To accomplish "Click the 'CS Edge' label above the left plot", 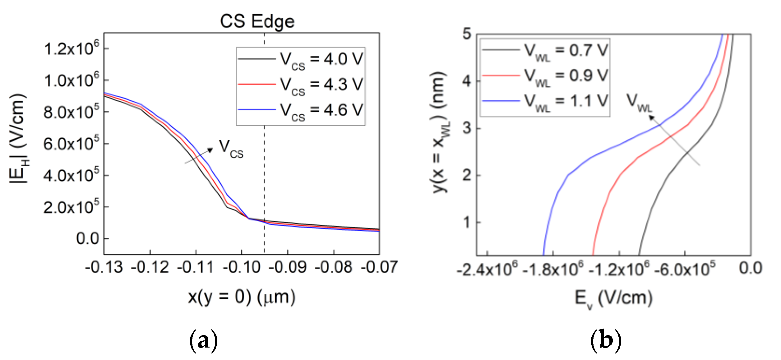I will (257, 21).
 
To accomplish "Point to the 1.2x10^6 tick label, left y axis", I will (71, 48).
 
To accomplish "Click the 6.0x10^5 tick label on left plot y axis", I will (71, 144).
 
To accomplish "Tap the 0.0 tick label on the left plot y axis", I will (87, 239).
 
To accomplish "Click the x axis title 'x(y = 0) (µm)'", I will (242, 297).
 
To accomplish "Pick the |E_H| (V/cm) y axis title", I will (18, 138).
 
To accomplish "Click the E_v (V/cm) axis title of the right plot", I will (613, 299).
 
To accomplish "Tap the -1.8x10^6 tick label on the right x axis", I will (553, 269).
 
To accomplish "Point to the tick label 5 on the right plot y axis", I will (467, 34).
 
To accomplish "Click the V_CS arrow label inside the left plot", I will (231, 149).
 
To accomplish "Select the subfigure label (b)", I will (606, 340).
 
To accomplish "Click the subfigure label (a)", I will (203, 340).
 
